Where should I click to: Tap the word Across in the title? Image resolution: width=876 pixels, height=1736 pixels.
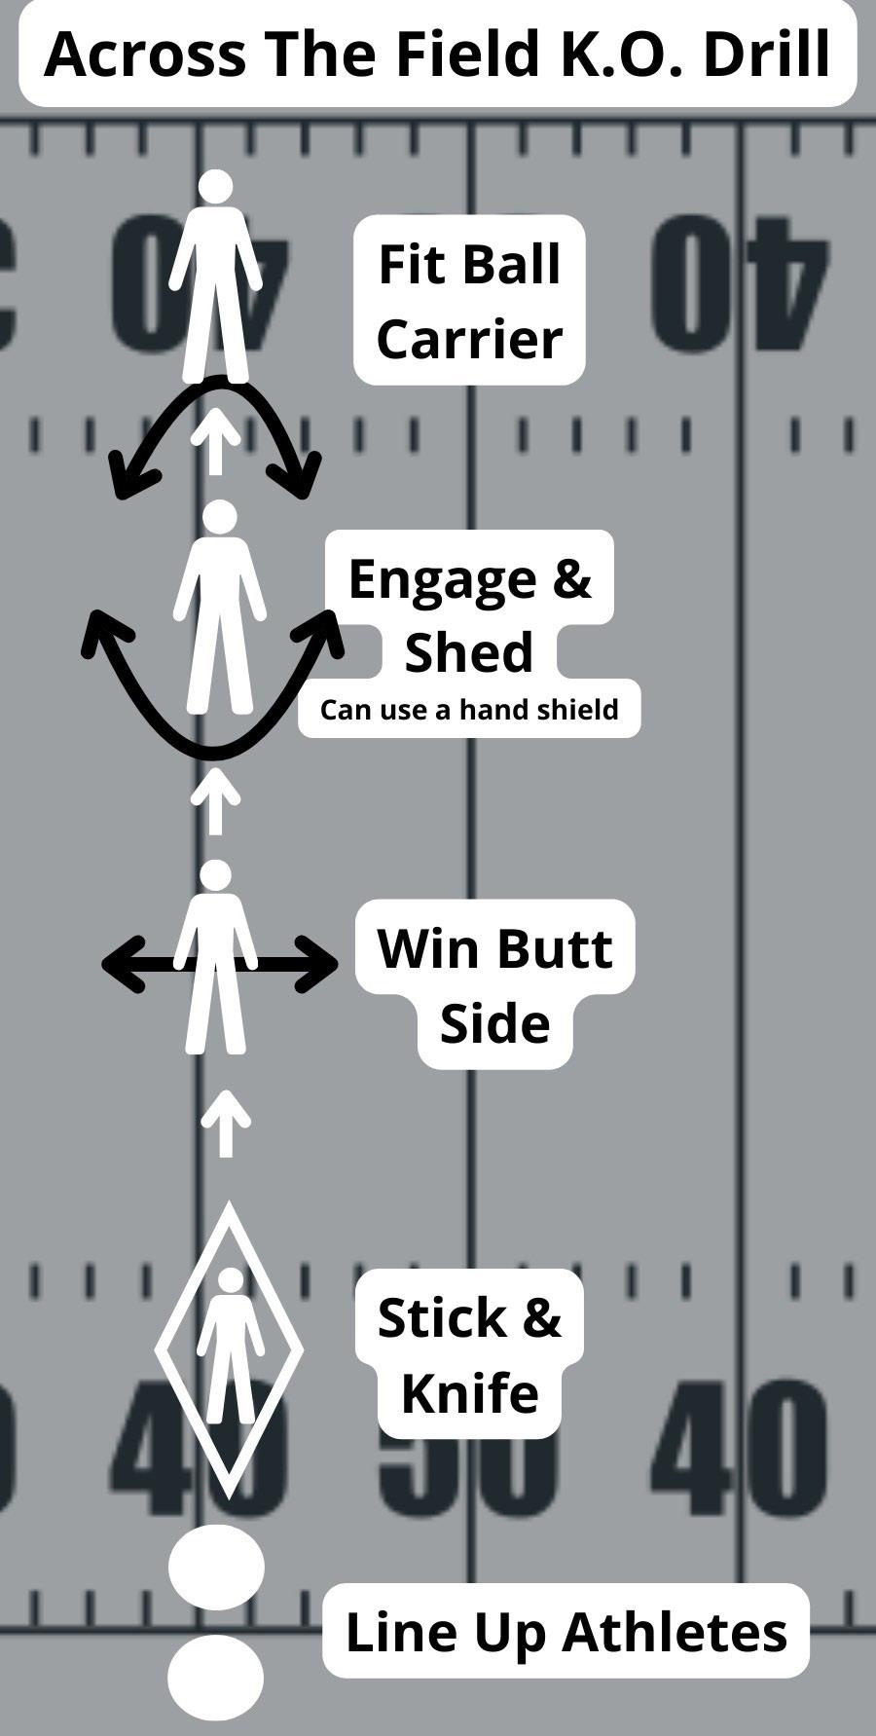coord(145,55)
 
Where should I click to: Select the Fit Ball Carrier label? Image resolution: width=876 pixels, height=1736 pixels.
coord(469,301)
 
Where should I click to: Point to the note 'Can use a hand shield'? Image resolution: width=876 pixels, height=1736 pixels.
coord(469,709)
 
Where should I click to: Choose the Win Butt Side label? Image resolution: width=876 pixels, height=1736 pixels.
coord(494,985)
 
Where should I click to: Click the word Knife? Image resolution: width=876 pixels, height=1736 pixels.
coord(469,1392)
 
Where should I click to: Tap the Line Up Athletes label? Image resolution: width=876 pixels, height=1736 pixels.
coord(566,1632)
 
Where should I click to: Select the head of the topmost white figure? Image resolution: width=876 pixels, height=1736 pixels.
coord(215,186)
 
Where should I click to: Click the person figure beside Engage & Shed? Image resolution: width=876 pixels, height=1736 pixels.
coord(219,609)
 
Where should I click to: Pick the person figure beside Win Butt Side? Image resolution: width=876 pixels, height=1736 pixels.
coord(215,959)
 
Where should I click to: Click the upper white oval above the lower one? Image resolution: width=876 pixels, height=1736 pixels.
coord(216,1568)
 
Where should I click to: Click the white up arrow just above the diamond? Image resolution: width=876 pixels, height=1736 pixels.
coord(225,1122)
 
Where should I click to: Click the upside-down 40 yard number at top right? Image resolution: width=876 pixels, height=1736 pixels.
coord(740,282)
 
